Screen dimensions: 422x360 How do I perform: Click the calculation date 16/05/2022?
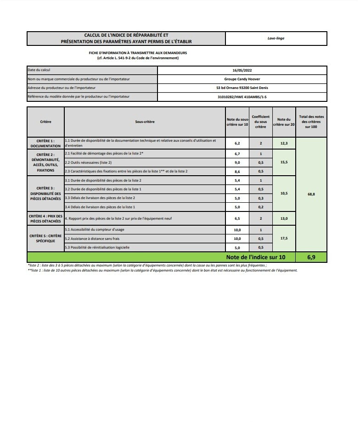point(242,70)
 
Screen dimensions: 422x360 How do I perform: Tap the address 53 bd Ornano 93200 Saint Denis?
point(242,88)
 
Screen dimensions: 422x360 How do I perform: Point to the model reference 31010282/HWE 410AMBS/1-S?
point(242,97)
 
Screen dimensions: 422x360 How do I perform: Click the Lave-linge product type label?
point(276,38)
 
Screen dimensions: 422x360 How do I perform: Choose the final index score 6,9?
point(311,257)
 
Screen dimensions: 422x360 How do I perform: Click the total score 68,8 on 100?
point(311,194)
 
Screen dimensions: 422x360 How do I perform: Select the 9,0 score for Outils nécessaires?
point(237,162)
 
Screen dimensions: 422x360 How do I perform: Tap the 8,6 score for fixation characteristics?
point(237,171)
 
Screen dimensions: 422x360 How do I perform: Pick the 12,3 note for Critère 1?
point(284,144)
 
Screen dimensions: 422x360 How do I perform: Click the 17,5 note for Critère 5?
point(284,239)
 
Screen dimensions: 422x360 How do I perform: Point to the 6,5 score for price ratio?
point(237,219)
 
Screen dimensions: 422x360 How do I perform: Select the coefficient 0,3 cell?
point(261,198)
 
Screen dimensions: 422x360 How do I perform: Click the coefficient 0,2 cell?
point(261,207)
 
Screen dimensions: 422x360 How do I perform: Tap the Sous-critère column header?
point(145,122)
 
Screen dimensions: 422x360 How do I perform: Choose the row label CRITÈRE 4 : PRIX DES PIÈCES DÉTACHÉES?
point(45,218)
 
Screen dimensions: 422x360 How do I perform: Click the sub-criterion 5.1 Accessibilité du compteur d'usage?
point(95,229)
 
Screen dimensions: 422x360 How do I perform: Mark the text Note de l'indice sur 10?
point(256,257)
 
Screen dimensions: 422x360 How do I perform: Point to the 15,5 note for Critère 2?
point(284,162)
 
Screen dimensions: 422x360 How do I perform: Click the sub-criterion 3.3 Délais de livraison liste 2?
point(100,198)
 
